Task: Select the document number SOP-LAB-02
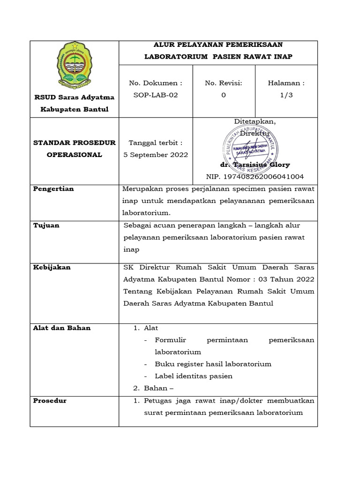pyautogui.click(x=156, y=95)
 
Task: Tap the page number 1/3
pyautogui.click(x=286, y=95)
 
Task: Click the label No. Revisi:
pyautogui.click(x=224, y=83)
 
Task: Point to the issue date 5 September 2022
pyautogui.click(x=156, y=155)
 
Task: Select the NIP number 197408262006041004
pyautogui.click(x=255, y=177)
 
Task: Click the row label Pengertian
pyautogui.click(x=53, y=189)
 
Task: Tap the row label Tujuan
pyautogui.click(x=46, y=225)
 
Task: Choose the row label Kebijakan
pyautogui.click(x=52, y=267)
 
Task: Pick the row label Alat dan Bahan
pyautogui.click(x=62, y=328)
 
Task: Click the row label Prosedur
pyautogui.click(x=50, y=401)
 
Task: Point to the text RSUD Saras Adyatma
pyautogui.click(x=74, y=97)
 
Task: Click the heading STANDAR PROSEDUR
pyautogui.click(x=74, y=142)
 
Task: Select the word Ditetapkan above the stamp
pyautogui.click(x=255, y=122)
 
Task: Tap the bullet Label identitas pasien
pyautogui.click(x=193, y=376)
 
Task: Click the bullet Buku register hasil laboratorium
pyautogui.click(x=213, y=364)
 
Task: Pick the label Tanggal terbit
pyautogui.click(x=156, y=142)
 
